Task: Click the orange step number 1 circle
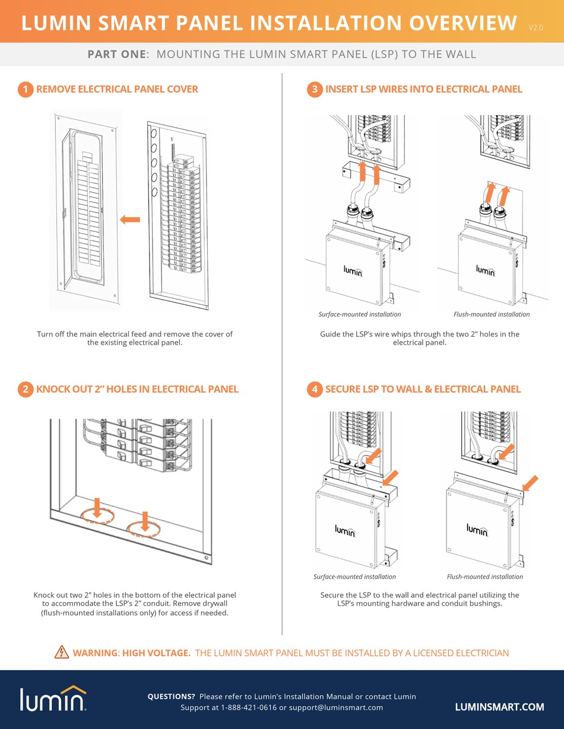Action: click(25, 90)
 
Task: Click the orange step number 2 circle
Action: click(25, 390)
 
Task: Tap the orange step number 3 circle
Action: click(314, 90)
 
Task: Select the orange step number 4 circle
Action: click(314, 390)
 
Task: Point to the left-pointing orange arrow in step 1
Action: click(130, 220)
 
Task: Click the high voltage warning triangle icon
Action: click(61, 653)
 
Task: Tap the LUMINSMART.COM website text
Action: click(499, 707)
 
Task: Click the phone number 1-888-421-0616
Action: click(249, 708)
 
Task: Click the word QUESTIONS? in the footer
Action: click(171, 696)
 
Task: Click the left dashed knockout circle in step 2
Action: click(97, 514)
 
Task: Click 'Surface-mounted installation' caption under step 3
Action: click(360, 314)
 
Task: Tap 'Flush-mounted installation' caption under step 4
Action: click(484, 577)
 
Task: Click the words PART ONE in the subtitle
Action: click(116, 55)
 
